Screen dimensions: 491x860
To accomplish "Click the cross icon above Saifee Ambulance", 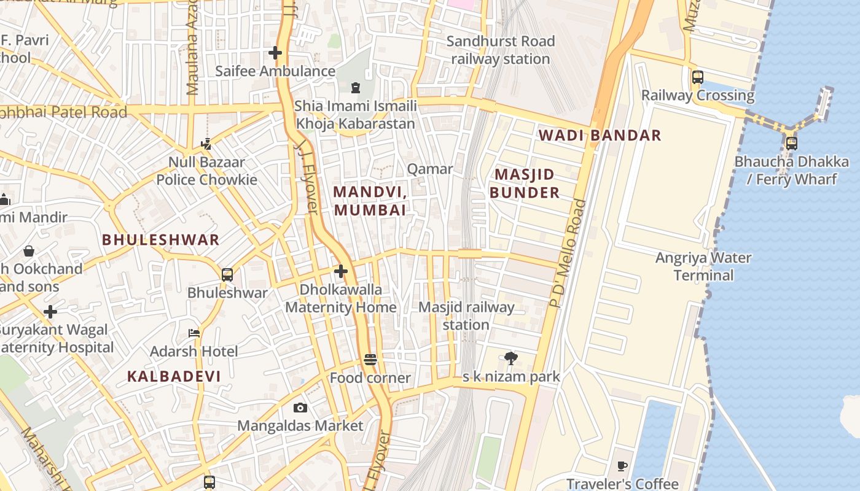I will pyautogui.click(x=275, y=53).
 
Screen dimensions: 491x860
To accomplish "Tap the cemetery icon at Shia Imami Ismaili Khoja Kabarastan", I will pyautogui.click(x=355, y=88).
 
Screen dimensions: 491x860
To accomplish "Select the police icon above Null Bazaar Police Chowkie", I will pyautogui.click(x=206, y=145).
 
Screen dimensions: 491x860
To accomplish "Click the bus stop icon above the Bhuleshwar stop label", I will pyautogui.click(x=227, y=274).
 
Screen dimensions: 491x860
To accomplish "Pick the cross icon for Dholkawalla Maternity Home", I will pyautogui.click(x=341, y=271).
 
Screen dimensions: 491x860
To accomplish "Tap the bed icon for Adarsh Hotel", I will pyautogui.click(x=194, y=333).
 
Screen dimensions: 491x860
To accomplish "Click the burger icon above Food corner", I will pyautogui.click(x=370, y=360).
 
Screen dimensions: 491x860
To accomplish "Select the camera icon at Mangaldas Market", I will pyautogui.click(x=300, y=408).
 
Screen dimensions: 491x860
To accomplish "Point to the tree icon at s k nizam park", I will pyautogui.click(x=510, y=358).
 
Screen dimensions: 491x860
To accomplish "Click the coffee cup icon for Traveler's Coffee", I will pyautogui.click(x=622, y=466).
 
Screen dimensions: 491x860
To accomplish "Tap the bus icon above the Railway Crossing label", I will pyautogui.click(x=698, y=77).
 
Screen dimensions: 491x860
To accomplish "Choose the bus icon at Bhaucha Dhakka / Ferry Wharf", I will pyautogui.click(x=792, y=144).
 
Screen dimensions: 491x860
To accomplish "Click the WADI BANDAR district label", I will pyautogui.click(x=600, y=136).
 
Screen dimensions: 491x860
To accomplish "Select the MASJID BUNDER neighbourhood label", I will pyautogui.click(x=525, y=184).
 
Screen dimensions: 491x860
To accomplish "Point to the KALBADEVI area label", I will pyautogui.click(x=174, y=376).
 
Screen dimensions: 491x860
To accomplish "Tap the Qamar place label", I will pyautogui.click(x=430, y=169).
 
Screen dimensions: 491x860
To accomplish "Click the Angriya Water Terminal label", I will pyautogui.click(x=703, y=266).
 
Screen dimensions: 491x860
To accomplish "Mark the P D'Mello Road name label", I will pyautogui.click(x=565, y=253).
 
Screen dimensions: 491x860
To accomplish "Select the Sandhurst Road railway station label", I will pyautogui.click(x=501, y=50).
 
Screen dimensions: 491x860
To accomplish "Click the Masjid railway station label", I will pyautogui.click(x=466, y=315).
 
